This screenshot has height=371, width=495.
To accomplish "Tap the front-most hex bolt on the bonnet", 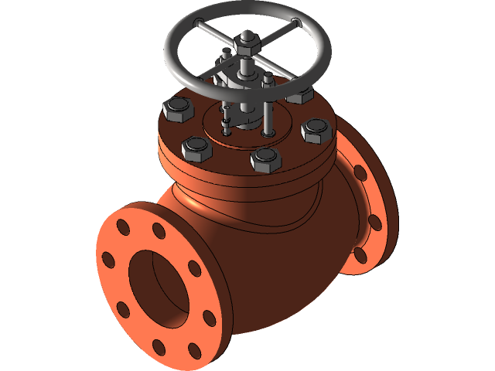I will [x=265, y=160].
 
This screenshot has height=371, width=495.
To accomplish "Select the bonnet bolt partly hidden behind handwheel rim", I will [x=299, y=95].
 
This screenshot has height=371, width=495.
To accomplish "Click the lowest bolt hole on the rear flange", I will [x=360, y=254].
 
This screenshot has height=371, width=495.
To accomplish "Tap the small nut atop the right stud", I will [x=268, y=79].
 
